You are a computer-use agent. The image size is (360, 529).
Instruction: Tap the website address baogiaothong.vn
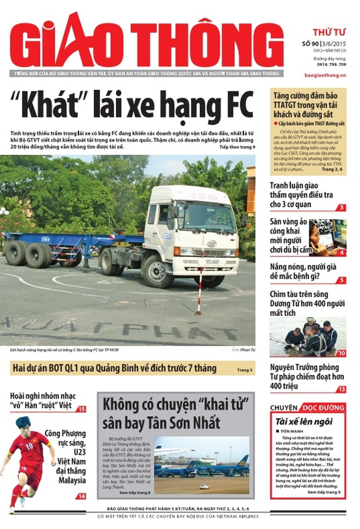point(325,74)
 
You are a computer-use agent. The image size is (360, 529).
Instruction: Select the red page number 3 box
point(341,207)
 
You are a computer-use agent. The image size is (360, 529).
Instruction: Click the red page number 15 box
point(81,409)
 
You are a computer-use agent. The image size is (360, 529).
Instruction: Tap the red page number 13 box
point(341,389)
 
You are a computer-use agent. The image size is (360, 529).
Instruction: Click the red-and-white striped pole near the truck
point(200,287)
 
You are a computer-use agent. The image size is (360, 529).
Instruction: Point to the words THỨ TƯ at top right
point(329,32)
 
